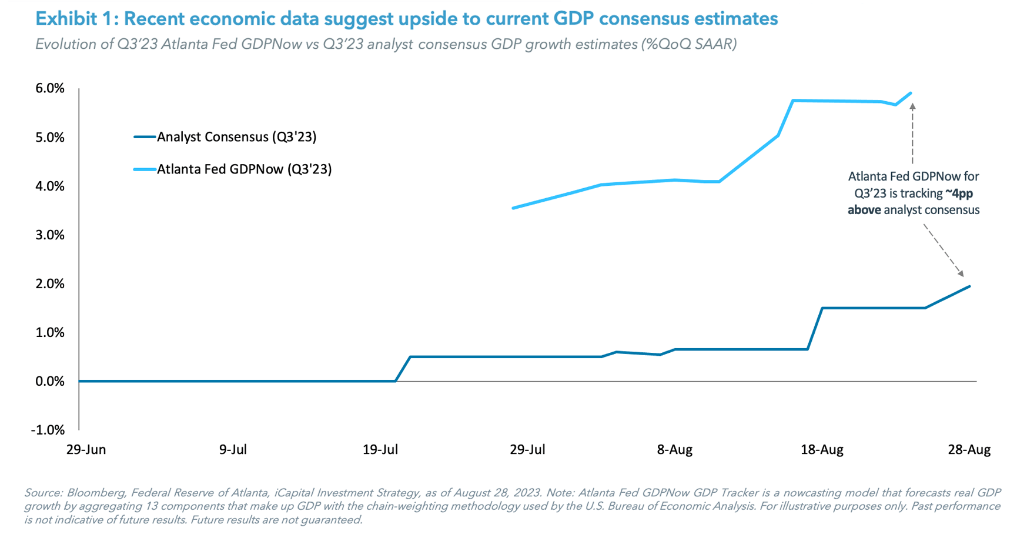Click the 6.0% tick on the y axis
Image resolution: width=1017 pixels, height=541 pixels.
(x=50, y=88)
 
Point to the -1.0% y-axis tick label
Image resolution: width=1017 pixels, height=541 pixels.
(x=48, y=430)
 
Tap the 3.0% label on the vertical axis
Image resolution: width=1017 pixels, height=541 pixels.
(x=50, y=235)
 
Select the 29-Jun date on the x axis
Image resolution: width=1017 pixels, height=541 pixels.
(x=86, y=450)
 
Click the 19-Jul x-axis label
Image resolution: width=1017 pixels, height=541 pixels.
(x=380, y=450)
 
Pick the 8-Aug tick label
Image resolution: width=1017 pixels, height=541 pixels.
(x=674, y=450)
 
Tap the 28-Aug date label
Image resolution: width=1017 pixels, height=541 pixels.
(x=969, y=450)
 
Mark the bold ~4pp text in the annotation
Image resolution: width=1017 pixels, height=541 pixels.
(x=959, y=193)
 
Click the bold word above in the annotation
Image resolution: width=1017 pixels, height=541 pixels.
(x=864, y=210)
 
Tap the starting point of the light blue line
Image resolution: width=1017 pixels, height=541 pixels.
(x=513, y=208)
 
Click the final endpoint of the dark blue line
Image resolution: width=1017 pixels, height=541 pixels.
(x=969, y=286)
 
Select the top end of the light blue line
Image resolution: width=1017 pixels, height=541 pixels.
(x=911, y=93)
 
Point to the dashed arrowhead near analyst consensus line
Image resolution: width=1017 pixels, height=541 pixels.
(x=961, y=273)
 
